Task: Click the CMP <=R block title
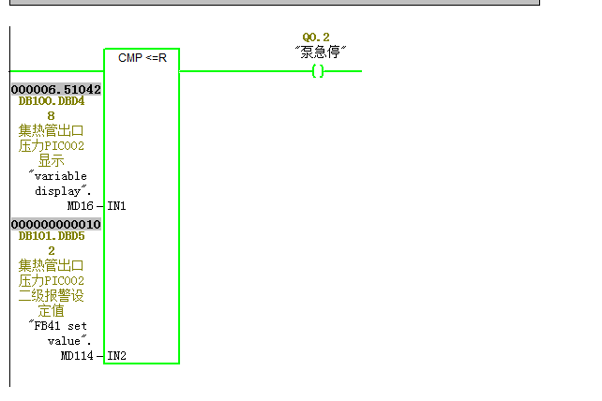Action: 142,58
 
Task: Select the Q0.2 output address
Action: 316,37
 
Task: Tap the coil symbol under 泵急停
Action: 318,71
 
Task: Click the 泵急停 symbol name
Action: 321,52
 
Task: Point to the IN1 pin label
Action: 116,206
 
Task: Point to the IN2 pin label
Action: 116,356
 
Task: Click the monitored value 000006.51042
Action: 56,89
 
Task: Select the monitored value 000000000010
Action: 56,224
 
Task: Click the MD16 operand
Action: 81,206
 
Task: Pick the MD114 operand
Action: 77,356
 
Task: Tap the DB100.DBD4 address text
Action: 52,101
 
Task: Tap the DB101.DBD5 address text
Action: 52,235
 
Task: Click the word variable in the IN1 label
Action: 61,176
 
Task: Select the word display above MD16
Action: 57,191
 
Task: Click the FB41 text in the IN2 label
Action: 47,326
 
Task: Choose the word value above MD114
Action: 64,341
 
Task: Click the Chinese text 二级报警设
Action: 51,295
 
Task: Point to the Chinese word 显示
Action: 51,161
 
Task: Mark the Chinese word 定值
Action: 51,310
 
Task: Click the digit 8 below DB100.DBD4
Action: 51,116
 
